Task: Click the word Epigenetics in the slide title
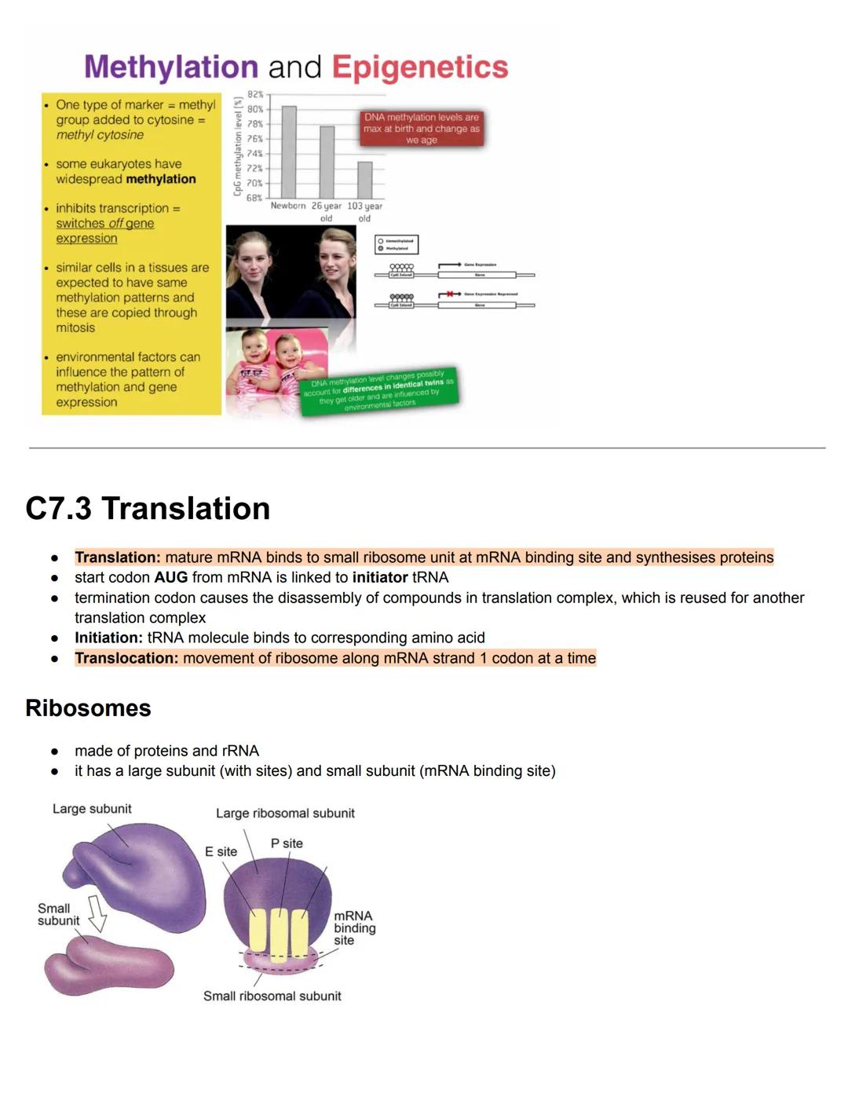click(420, 68)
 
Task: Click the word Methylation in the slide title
click(171, 68)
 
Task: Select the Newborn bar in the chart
click(289, 152)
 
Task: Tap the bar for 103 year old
click(365, 180)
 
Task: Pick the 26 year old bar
click(327, 162)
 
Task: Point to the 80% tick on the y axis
click(255, 109)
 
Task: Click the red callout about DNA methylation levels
click(422, 128)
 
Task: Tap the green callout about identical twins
click(378, 389)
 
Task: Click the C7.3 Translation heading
click(148, 509)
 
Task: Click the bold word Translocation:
click(126, 658)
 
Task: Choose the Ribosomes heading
click(88, 708)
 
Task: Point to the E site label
click(221, 851)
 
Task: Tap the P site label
click(287, 843)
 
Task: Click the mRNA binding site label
click(354, 927)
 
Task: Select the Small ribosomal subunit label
click(272, 996)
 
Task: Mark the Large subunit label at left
click(92, 809)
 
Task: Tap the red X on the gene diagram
click(450, 294)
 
